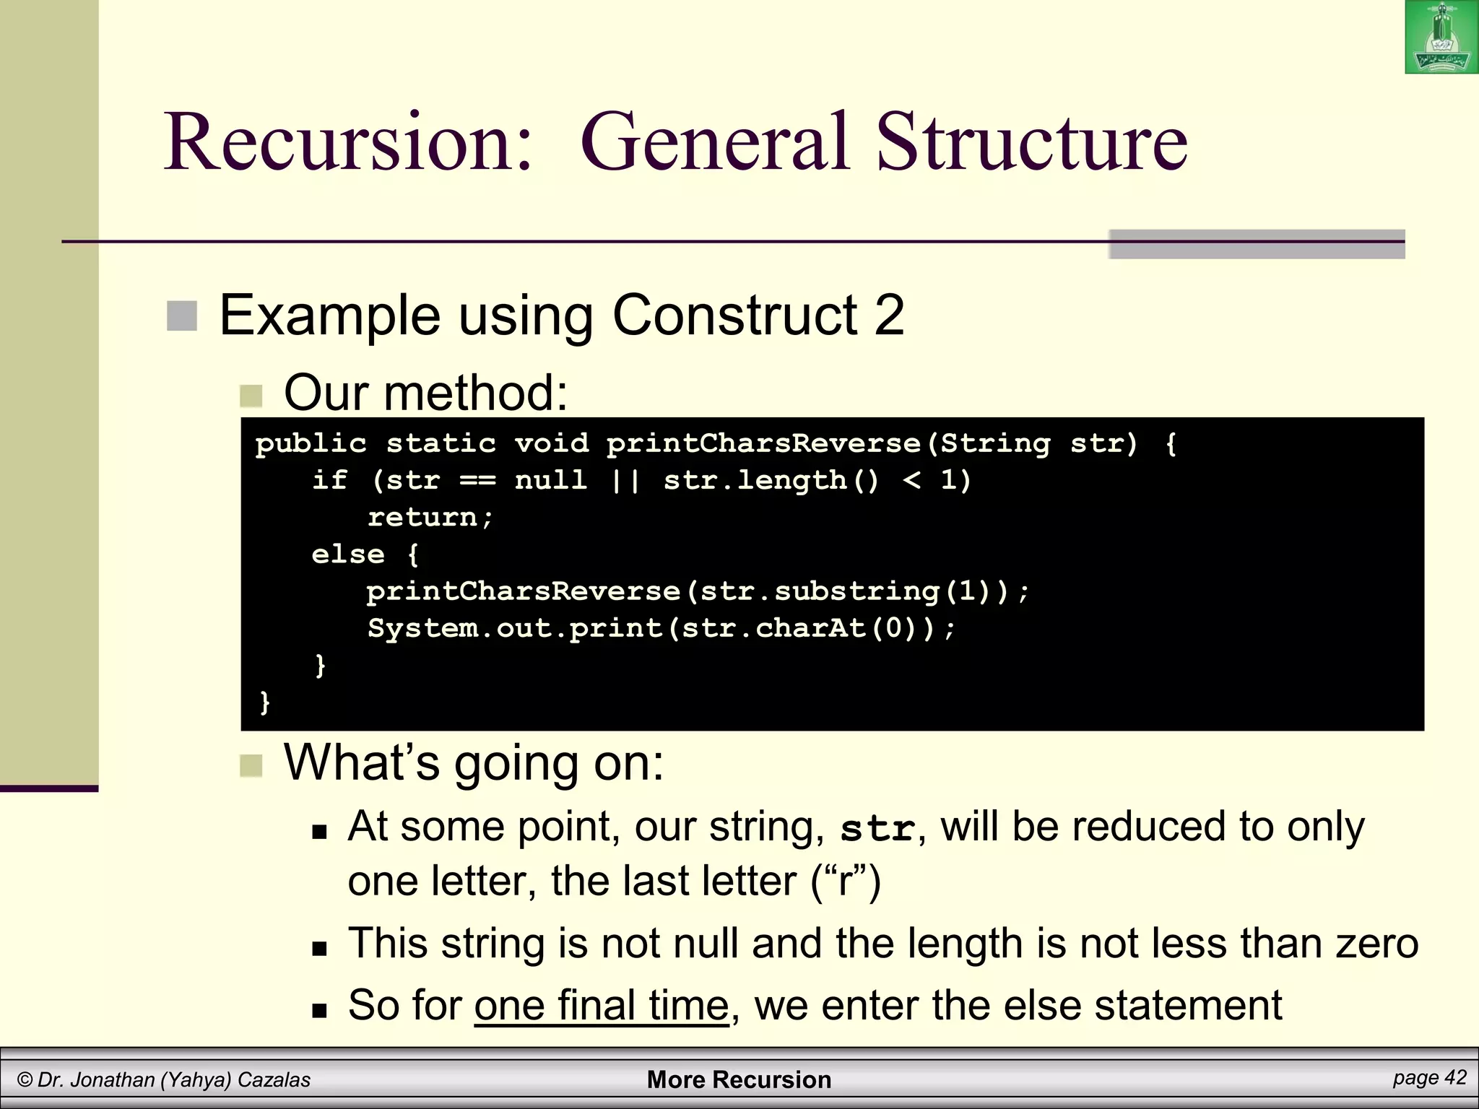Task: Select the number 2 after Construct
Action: point(889,316)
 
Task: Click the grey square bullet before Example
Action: point(181,316)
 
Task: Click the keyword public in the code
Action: point(311,443)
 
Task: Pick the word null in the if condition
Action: point(550,480)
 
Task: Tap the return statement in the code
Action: point(430,518)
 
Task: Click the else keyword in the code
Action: point(347,554)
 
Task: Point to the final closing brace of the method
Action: point(265,702)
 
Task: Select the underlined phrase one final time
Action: point(601,1005)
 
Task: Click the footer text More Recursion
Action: point(739,1079)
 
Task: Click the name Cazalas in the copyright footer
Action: point(274,1080)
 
